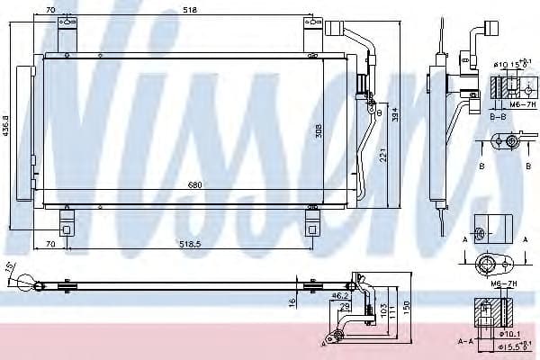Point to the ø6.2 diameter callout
[340, 294]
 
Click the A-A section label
[465, 342]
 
